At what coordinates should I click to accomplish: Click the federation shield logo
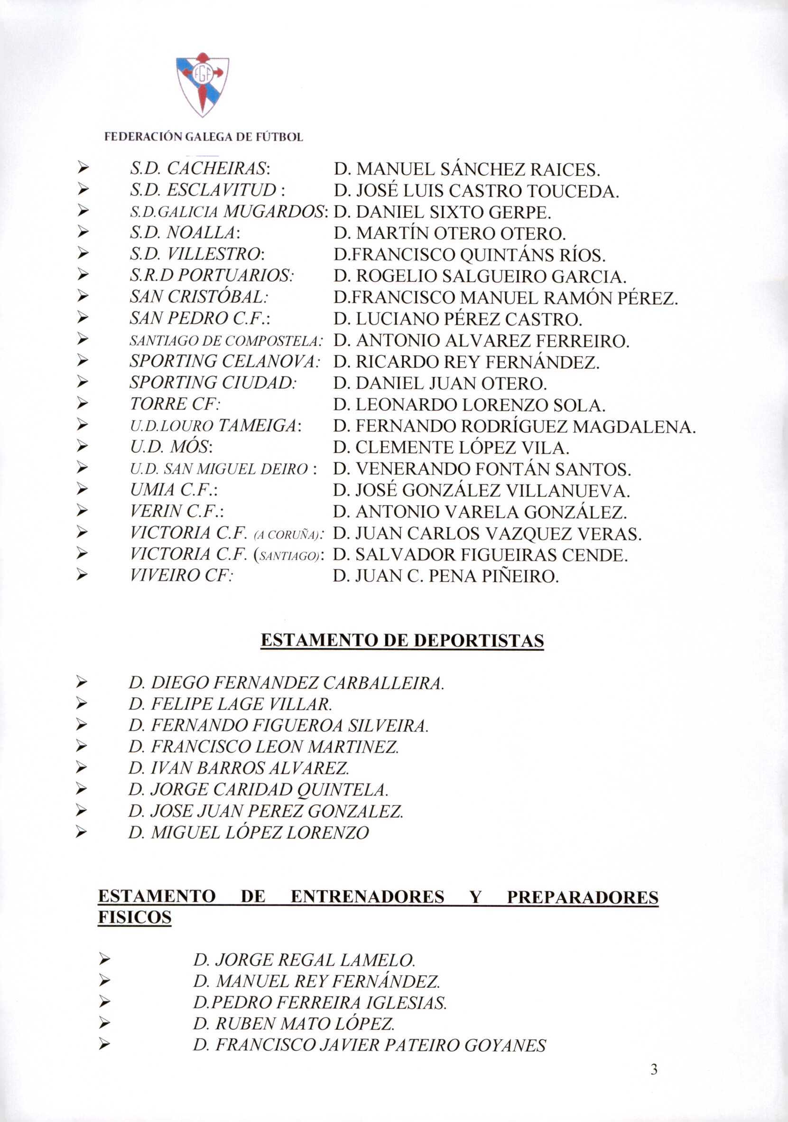pos(202,84)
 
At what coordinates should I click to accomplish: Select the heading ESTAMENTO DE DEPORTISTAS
pos(402,640)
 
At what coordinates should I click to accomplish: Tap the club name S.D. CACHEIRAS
pos(200,169)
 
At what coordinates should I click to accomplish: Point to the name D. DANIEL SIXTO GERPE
pos(442,212)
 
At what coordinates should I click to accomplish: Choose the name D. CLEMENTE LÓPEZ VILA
pos(451,448)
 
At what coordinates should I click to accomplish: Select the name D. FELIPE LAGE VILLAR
pos(230,704)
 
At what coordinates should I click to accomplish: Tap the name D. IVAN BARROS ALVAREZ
pos(239,768)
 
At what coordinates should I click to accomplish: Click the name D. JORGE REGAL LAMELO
pos(304,960)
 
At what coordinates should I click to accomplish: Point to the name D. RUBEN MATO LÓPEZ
pos(294,1024)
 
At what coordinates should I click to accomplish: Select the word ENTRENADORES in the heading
pos(367,897)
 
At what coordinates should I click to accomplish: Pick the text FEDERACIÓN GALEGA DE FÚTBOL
pos(204,137)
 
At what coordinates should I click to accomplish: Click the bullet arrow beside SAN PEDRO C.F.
pos(83,319)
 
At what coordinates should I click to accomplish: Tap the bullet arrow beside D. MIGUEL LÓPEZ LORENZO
pos(82,832)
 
